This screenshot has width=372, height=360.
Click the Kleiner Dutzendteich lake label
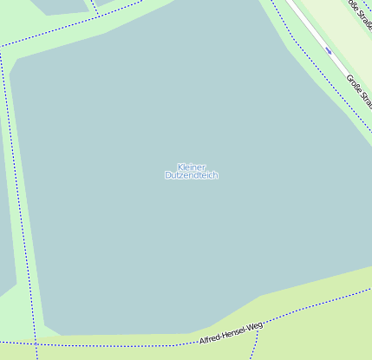click(191, 171)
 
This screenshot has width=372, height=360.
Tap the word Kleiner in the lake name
click(191, 167)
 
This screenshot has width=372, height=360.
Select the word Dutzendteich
click(191, 175)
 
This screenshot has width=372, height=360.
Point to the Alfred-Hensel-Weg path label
click(230, 332)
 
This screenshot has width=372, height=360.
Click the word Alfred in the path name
click(211, 337)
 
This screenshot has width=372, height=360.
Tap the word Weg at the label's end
click(254, 327)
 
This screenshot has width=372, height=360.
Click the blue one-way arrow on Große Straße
click(329, 50)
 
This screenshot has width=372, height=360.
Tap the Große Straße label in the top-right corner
click(358, 12)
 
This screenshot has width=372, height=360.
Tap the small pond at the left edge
click(6, 260)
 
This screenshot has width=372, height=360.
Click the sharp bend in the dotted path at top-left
click(2, 49)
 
